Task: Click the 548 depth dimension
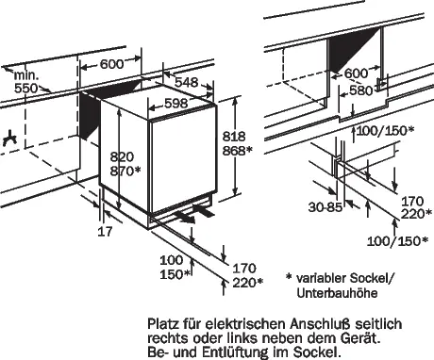pos(187,82)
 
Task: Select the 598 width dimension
pos(176,103)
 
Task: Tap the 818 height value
pos(234,137)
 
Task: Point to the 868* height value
pos(238,151)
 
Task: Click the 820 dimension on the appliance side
pos(122,156)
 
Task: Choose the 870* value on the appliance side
pos(125,171)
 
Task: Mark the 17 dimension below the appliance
pos(105,232)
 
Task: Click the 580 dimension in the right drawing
pos(360,90)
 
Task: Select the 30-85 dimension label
pos(325,207)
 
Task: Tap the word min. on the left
pos(26,75)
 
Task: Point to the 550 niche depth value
pos(26,89)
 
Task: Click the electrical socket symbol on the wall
pos(9,139)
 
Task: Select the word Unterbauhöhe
pos(337,293)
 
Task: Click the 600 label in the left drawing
pos(112,64)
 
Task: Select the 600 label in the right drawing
pos(356,74)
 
